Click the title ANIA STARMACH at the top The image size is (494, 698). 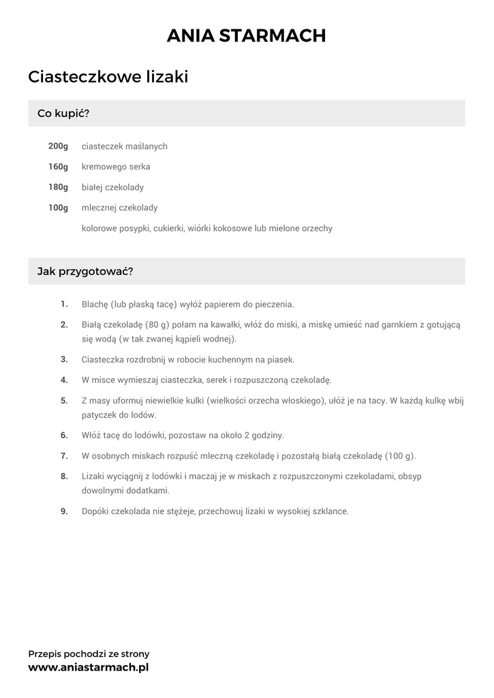click(247, 35)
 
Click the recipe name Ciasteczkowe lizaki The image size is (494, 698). click(108, 77)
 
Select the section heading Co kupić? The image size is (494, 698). click(63, 113)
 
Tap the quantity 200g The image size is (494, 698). click(58, 147)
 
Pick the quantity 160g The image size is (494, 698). click(58, 167)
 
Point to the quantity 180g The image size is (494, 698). click(58, 187)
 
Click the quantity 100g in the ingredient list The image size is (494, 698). click(58, 208)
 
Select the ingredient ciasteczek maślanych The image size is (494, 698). click(124, 147)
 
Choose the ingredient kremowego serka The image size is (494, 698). click(116, 167)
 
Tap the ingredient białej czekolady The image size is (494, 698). click(112, 187)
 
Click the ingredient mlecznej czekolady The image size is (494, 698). click(119, 208)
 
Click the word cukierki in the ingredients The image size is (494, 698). click(169, 228)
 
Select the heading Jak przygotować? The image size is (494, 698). click(85, 271)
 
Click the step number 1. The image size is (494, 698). click(64, 304)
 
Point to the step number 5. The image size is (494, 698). click(64, 401)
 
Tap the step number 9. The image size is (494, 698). click(64, 511)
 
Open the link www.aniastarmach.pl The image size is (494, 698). click(89, 667)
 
